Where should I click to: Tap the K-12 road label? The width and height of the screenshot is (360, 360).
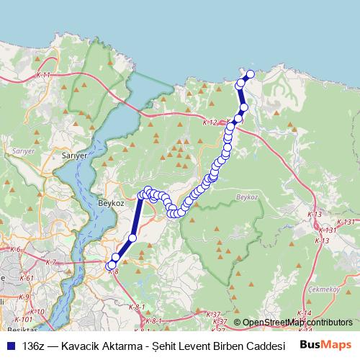point(210,122)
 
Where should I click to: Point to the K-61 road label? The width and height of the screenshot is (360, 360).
point(27,278)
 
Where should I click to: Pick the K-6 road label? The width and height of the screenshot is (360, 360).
point(14,249)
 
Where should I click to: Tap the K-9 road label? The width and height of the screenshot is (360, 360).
point(24,297)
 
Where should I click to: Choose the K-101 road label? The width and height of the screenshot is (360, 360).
point(23,319)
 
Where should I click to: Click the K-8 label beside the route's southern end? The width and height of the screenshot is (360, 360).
point(112,271)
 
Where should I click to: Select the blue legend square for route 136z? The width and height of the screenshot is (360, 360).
point(10,346)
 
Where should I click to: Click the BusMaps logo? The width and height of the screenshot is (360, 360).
point(326,345)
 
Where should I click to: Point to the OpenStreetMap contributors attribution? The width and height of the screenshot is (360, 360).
point(296,323)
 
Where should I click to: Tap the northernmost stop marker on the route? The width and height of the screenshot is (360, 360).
point(251,74)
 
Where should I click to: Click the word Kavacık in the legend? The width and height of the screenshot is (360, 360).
point(85,346)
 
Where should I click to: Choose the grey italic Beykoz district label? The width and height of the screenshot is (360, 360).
point(246,196)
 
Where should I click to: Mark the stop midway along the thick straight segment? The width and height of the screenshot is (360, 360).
point(132,238)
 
